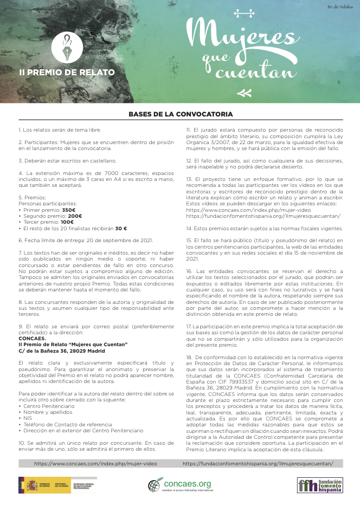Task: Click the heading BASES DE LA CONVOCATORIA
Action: [181, 114]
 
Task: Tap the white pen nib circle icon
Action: [67, 47]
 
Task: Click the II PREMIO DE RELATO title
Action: [67, 72]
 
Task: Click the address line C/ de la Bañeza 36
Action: [62, 351]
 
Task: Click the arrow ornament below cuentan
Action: [245, 93]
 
